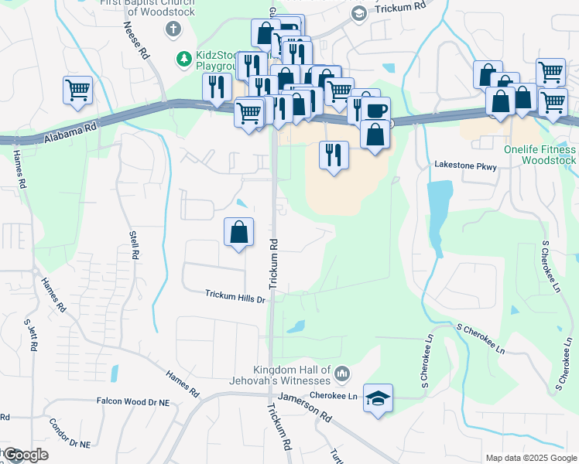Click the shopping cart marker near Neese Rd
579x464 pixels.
[78, 90]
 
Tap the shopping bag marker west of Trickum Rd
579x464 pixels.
[239, 232]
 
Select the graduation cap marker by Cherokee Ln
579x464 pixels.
[378, 398]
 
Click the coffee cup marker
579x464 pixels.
[375, 110]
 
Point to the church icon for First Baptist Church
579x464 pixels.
[173, 29]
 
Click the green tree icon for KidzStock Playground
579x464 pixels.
[183, 58]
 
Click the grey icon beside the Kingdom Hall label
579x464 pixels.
[343, 376]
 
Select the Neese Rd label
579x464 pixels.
[135, 41]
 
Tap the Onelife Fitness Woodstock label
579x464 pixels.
[539, 155]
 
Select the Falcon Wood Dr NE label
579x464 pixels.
[132, 401]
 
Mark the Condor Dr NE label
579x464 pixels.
[70, 434]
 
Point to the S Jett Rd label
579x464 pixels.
[32, 336]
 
